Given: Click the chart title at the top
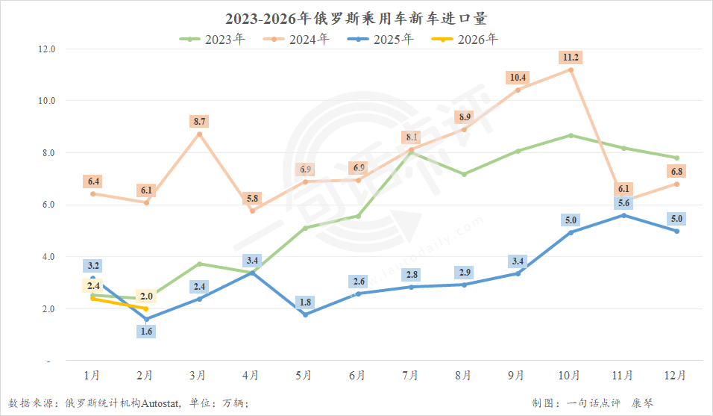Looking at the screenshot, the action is pyautogui.click(x=356, y=18).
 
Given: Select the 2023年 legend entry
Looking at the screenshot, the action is pyautogui.click(x=213, y=39).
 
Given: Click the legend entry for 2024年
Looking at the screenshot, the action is pyautogui.click(x=297, y=39).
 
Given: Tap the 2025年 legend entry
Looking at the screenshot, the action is pyautogui.click(x=380, y=39).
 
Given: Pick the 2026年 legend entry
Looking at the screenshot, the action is pyautogui.click(x=465, y=39).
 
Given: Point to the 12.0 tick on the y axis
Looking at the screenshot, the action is pyautogui.click(x=47, y=49).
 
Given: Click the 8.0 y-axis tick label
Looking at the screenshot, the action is pyautogui.click(x=48, y=153).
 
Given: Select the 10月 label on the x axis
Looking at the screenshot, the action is pyautogui.click(x=569, y=376).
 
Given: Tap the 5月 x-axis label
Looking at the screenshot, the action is pyautogui.click(x=304, y=376).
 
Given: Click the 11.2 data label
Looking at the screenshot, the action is pyautogui.click(x=571, y=58).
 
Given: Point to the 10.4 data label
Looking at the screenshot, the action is pyautogui.click(x=518, y=78).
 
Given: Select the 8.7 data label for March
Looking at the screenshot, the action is pyautogui.click(x=199, y=122).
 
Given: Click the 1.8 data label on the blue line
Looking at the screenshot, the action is pyautogui.click(x=306, y=302).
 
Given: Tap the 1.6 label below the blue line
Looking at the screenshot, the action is pyautogui.click(x=146, y=332).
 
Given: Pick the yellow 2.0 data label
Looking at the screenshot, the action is pyautogui.click(x=146, y=297).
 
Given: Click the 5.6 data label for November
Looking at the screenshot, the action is pyautogui.click(x=624, y=203).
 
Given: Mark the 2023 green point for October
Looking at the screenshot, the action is pyautogui.click(x=571, y=136).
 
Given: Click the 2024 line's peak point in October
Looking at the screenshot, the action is pyautogui.click(x=571, y=69).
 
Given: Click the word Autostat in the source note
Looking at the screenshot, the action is pyautogui.click(x=160, y=403).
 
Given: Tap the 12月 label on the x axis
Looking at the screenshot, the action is pyautogui.click(x=675, y=376).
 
